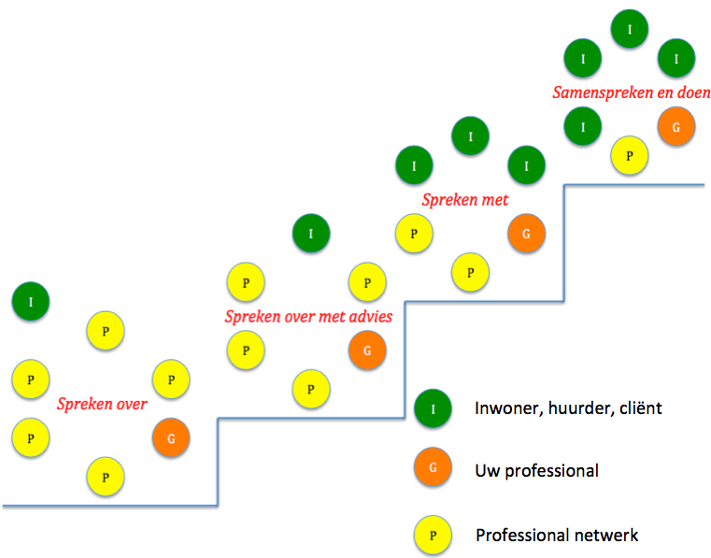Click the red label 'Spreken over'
(102, 404)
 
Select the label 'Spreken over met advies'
(307, 316)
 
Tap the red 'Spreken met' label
(464, 199)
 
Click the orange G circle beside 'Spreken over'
(171, 436)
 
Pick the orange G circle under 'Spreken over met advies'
(367, 351)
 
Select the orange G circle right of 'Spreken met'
(526, 234)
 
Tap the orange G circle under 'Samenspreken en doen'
(675, 126)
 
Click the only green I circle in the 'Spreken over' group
(31, 301)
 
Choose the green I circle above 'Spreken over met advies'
(311, 233)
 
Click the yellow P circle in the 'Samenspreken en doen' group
(630, 154)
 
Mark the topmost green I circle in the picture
(630, 29)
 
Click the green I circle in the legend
(433, 408)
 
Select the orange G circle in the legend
(433, 470)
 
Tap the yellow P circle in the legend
(433, 536)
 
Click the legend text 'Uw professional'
(536, 471)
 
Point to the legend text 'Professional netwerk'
(557, 536)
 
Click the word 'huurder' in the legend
(577, 408)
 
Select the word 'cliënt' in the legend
(637, 408)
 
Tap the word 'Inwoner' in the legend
(505, 408)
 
